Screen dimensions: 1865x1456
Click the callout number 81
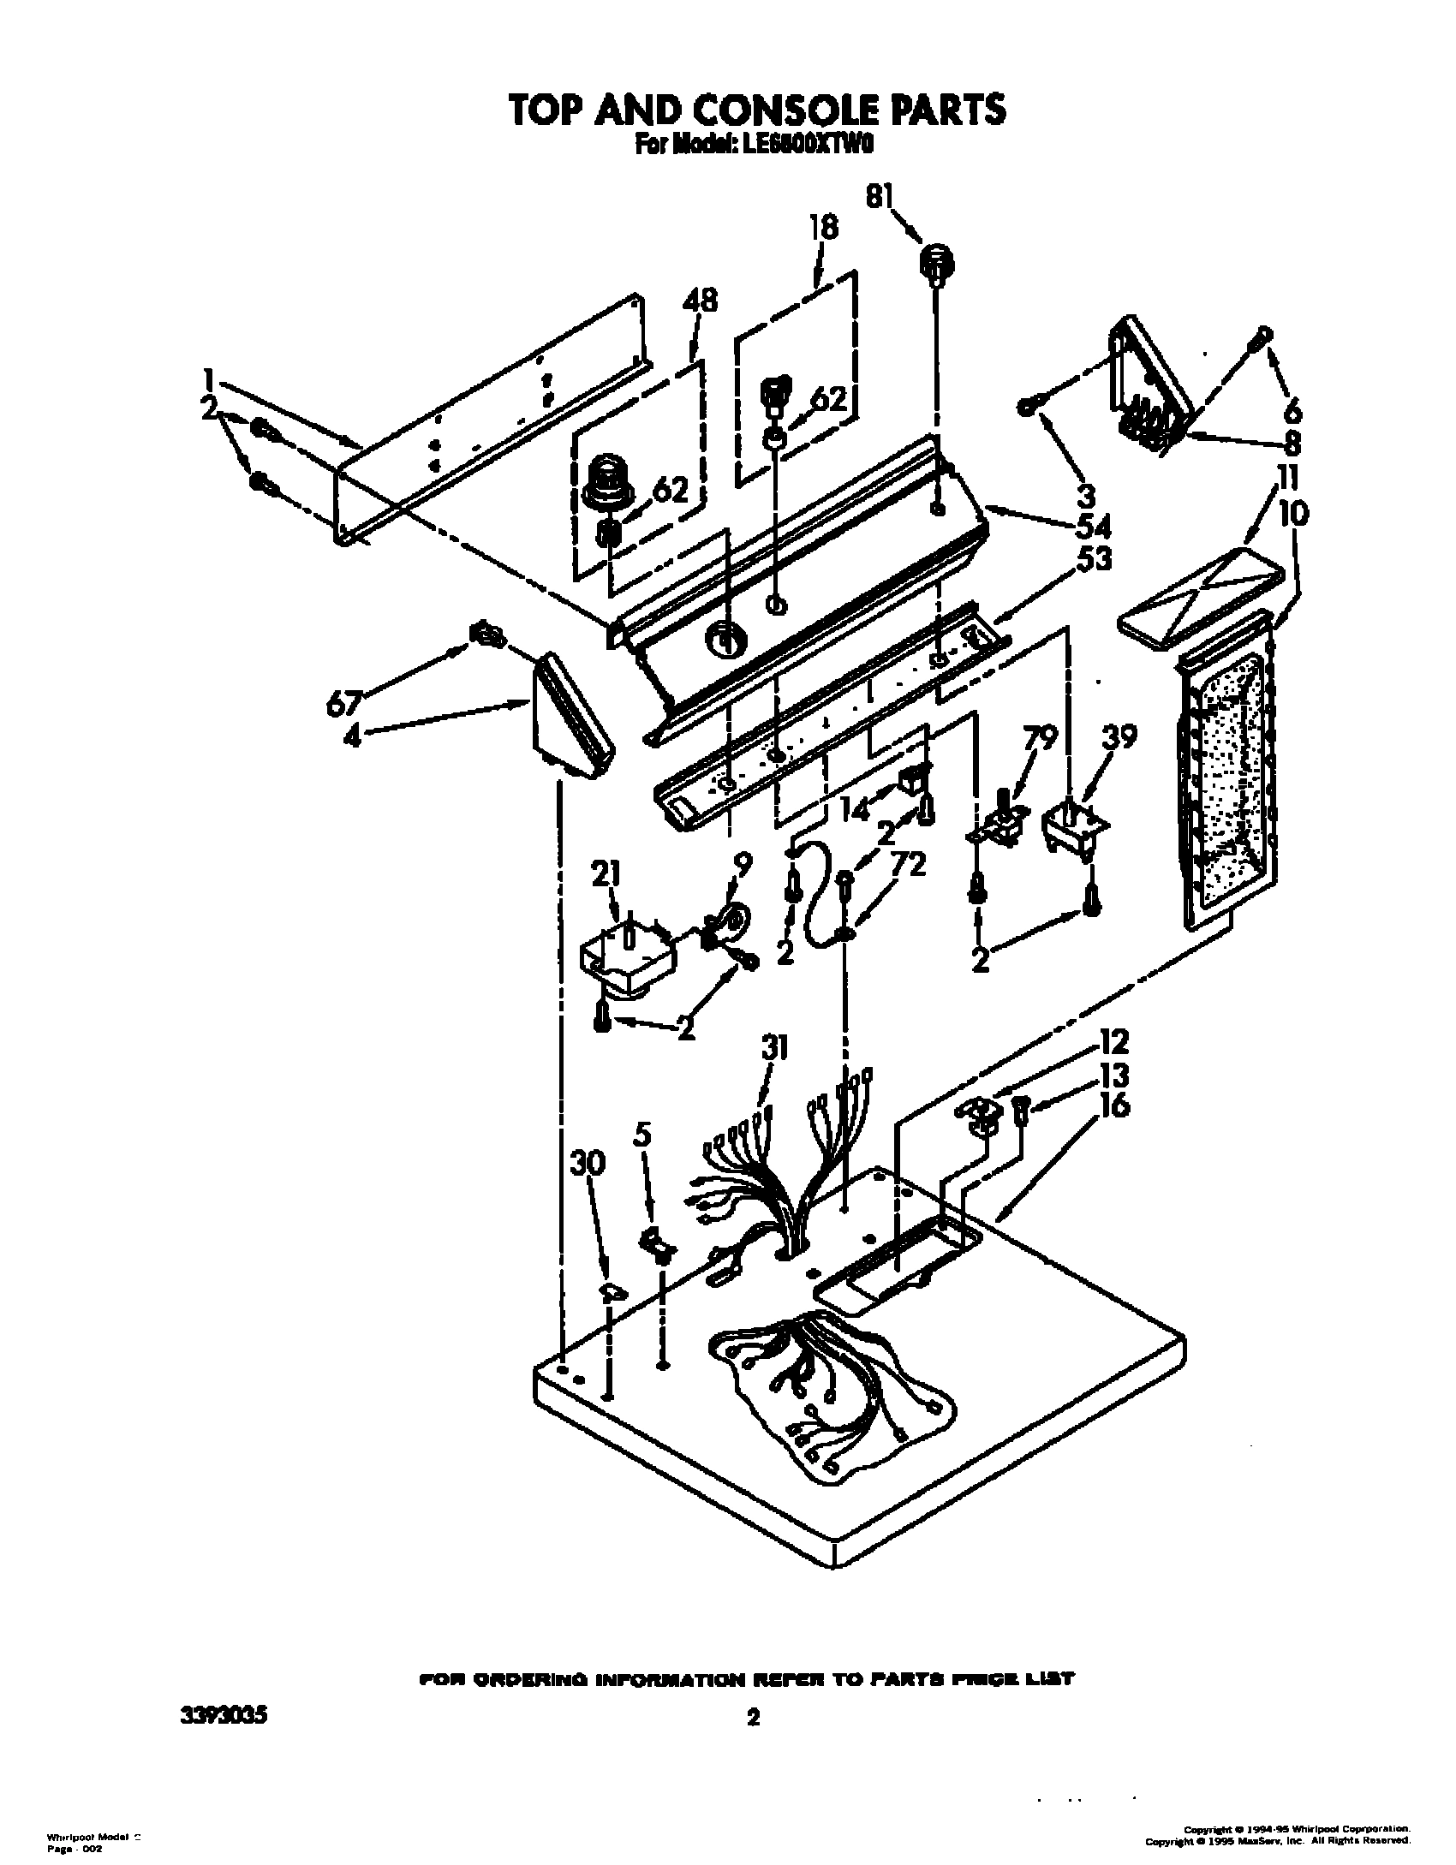[879, 197]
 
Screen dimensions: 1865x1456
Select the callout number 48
[700, 302]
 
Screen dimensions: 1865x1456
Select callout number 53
[1086, 558]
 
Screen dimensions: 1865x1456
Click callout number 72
[907, 866]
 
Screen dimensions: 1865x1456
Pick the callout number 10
[1293, 515]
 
